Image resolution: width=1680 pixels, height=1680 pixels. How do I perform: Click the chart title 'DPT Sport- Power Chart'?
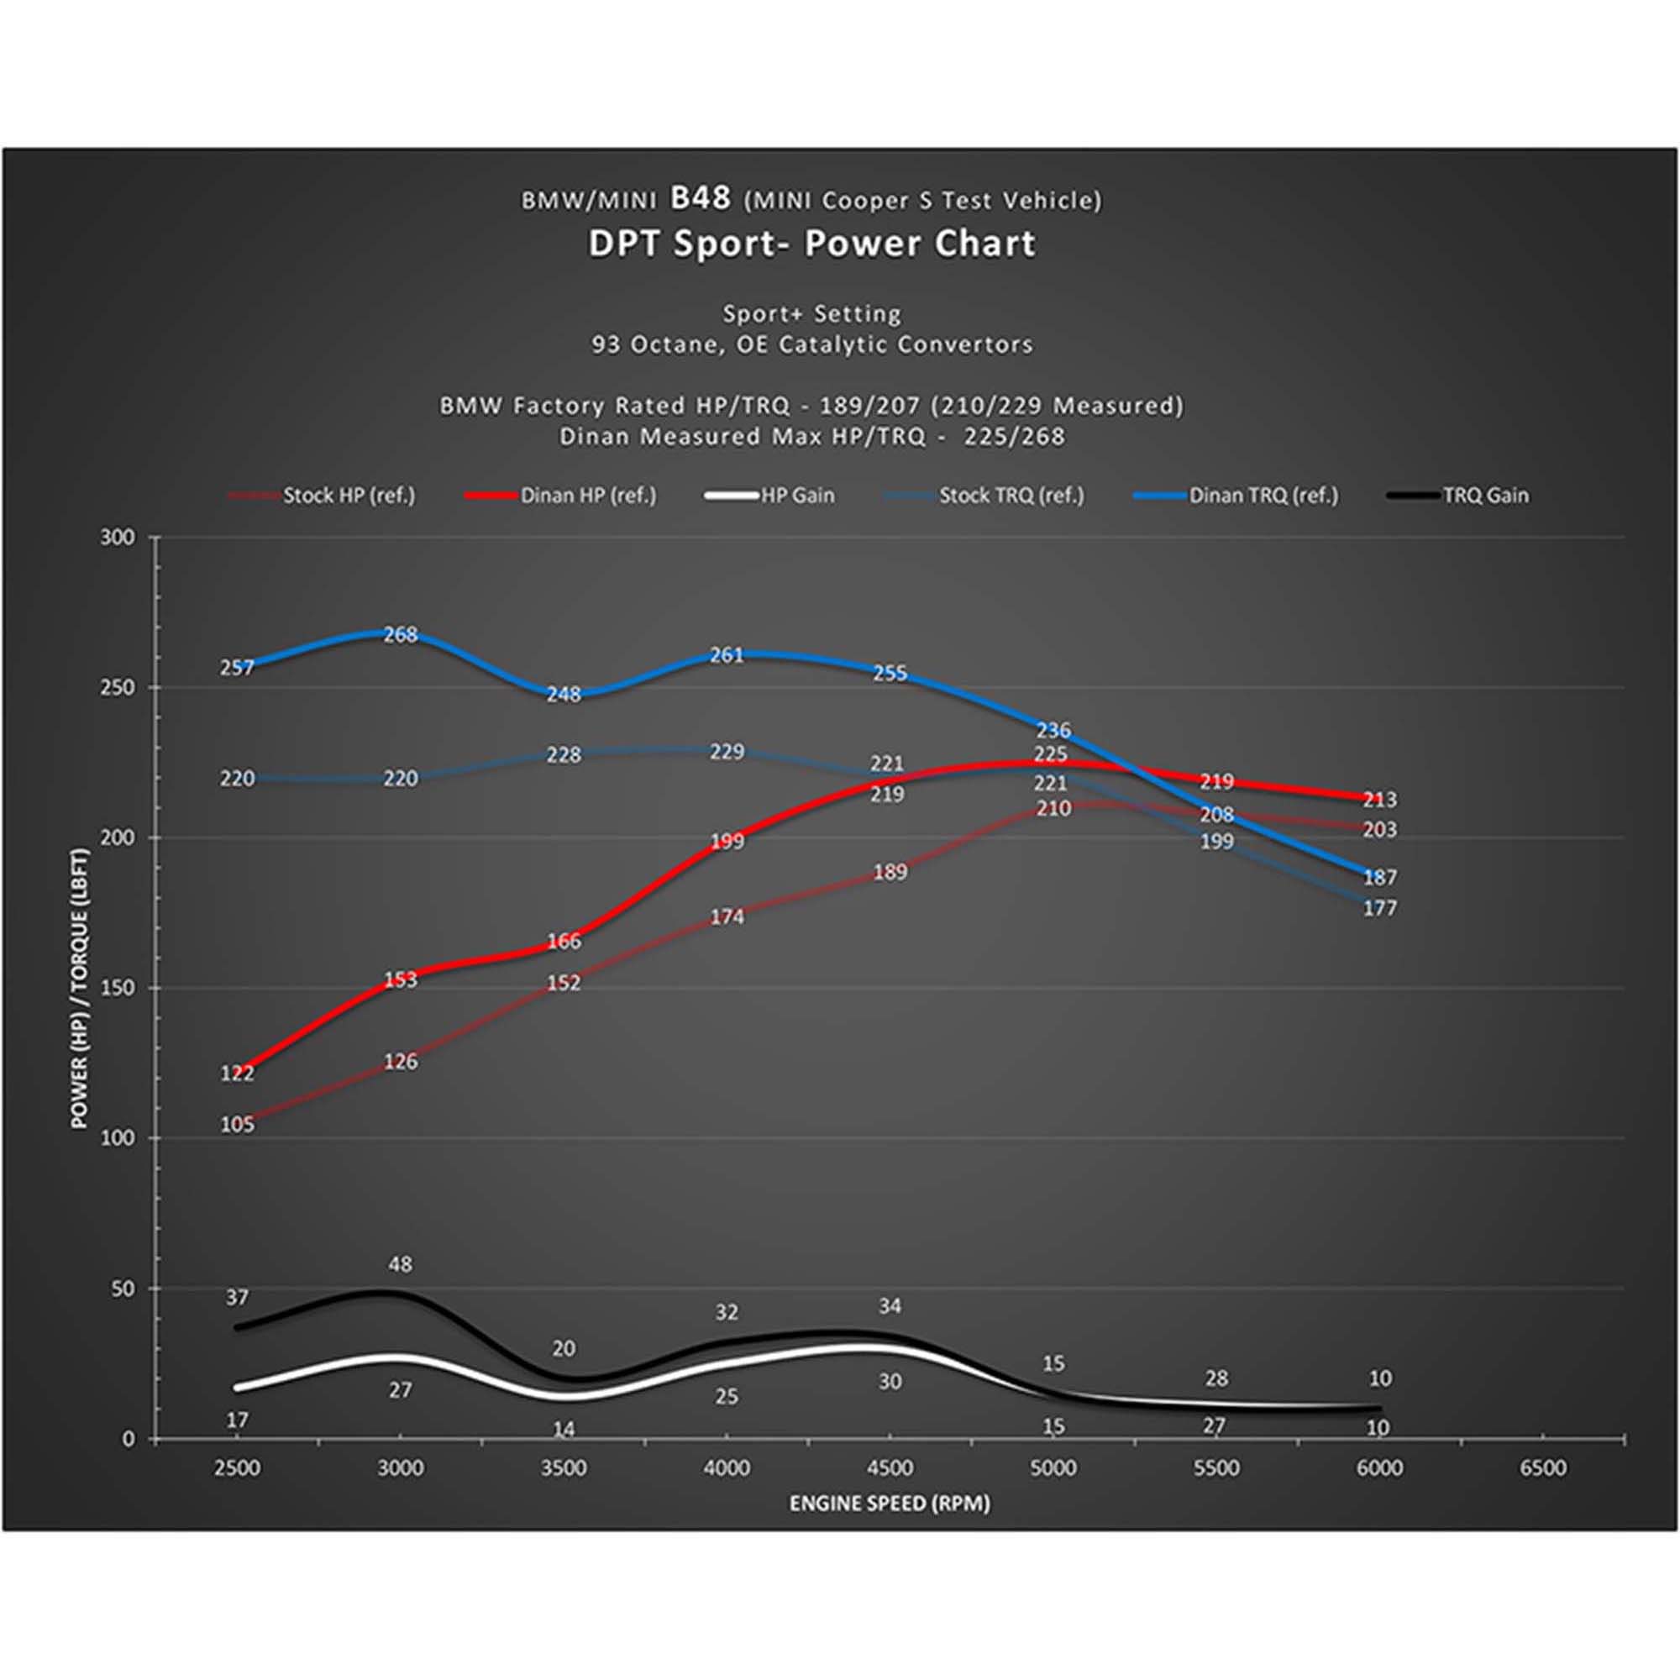coord(812,244)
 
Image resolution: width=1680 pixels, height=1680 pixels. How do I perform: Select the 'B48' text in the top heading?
coord(700,198)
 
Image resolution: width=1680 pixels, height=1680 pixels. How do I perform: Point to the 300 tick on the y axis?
coord(118,538)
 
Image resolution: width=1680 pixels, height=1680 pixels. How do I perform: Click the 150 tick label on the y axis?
coord(118,988)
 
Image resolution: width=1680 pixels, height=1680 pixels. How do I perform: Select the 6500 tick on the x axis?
coord(1541,1468)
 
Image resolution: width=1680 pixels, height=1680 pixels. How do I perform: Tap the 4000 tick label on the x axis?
coord(726,1468)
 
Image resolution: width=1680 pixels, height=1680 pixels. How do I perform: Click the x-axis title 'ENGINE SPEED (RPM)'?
coord(889,1504)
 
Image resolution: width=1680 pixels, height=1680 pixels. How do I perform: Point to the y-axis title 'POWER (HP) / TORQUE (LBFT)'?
coord(80,988)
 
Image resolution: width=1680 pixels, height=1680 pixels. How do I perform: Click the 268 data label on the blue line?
coord(400,635)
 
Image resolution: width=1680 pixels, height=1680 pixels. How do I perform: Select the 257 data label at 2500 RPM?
coord(237,667)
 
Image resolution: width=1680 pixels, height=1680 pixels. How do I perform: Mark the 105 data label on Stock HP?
coord(237,1125)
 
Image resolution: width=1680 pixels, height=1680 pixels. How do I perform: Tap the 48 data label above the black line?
coord(400,1263)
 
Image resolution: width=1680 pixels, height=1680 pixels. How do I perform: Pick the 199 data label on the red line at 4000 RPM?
coord(726,841)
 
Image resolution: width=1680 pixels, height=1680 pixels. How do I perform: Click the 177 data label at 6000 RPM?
coord(1379,908)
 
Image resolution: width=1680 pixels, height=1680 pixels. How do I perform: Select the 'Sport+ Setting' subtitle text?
coord(812,314)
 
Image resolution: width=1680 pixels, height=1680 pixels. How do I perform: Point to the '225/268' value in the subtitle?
coord(1014,437)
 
